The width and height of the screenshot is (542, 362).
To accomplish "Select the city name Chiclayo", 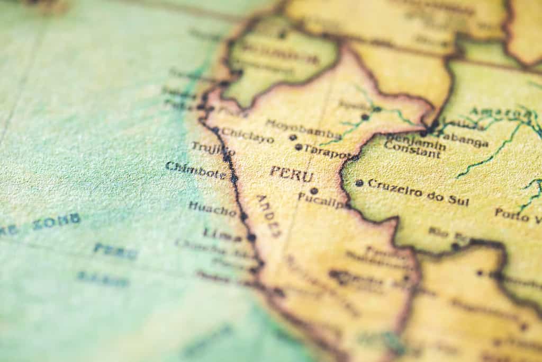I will tap(247, 136).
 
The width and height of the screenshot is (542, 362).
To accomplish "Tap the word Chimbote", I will tap(195, 170).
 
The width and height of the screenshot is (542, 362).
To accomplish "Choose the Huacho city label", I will tap(212, 208).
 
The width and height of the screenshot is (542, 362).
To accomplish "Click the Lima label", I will tap(222, 234).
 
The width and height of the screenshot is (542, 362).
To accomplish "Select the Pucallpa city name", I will tap(322, 199).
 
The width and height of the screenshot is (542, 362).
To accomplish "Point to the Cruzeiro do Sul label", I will tap(418, 191).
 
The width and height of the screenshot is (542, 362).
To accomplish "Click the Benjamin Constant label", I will tap(413, 146).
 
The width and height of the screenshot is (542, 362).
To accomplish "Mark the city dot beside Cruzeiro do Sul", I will tap(359, 183).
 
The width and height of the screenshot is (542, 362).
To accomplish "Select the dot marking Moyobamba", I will tap(293, 137).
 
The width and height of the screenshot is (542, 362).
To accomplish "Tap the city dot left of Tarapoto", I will tap(299, 147).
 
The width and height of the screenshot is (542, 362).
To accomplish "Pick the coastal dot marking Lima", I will tap(251, 237).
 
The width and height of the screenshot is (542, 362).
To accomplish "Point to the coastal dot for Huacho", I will tap(243, 216).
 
